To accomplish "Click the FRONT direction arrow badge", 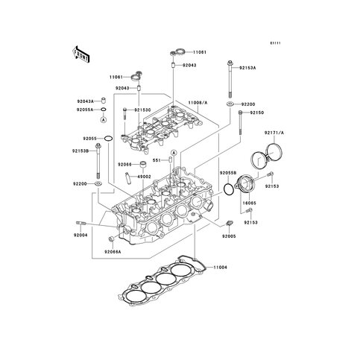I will tap(80, 54).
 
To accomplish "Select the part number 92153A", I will tap(246, 67).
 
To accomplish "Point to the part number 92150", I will tap(257, 113).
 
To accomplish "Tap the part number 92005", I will tap(228, 236).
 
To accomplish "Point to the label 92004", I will tap(80, 236).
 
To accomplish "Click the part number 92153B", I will tap(82, 151).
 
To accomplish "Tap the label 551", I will tap(157, 160).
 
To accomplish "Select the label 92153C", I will tap(142, 110).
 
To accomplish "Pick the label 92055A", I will tap(85, 110).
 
